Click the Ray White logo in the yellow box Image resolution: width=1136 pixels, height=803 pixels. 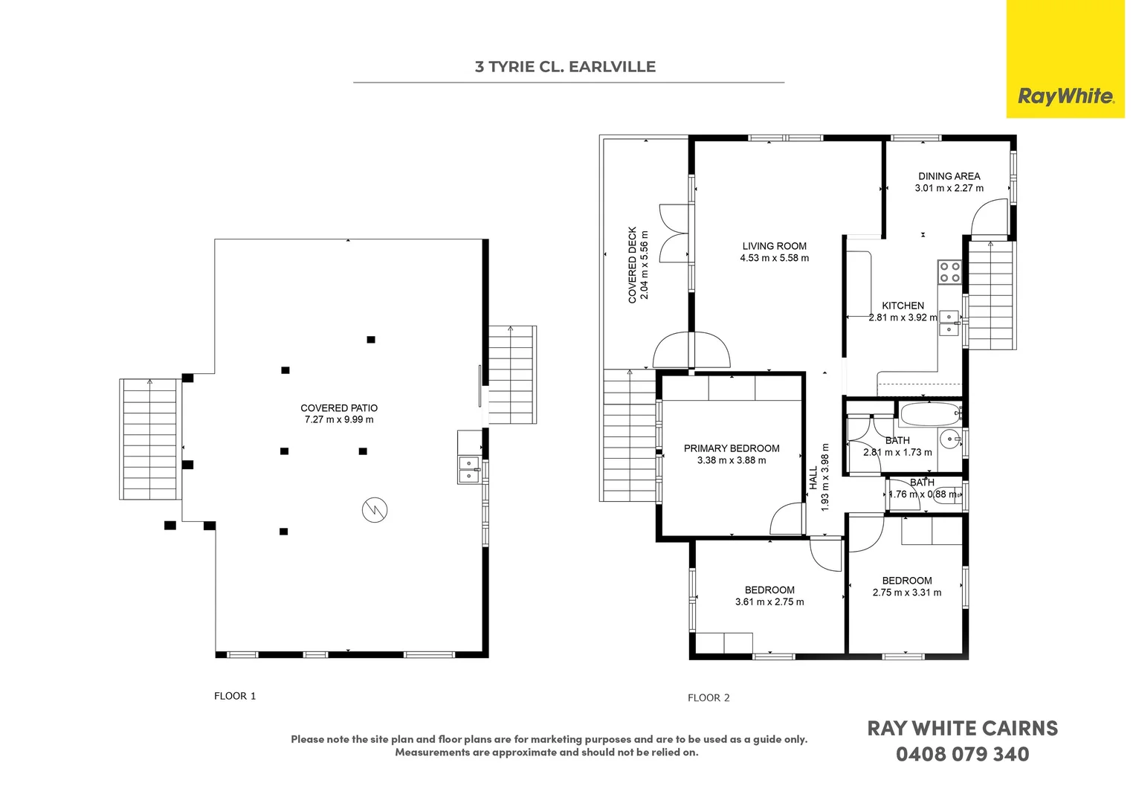coord(1065,96)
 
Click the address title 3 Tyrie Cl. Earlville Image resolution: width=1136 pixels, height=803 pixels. coord(565,67)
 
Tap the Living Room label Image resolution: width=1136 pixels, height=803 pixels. coord(774,246)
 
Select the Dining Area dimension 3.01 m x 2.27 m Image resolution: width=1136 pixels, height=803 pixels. coord(949,189)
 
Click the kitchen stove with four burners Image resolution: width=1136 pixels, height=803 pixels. coord(949,272)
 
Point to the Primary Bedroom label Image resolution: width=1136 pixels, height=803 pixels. coord(732,448)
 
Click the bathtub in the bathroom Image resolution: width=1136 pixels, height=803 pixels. coord(930,414)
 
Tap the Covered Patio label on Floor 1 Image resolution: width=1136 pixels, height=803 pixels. coord(339,408)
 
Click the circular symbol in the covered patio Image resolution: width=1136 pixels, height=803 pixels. coord(375,510)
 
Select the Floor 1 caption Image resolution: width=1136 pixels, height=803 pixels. coord(235,696)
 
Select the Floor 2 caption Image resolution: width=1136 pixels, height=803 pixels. coord(709,697)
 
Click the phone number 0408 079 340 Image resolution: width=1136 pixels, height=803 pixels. coord(962,755)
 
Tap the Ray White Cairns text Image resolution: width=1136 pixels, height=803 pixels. coord(962,729)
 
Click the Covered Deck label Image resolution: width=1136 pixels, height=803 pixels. coord(633,265)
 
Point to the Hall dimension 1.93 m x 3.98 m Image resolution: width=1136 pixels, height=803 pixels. coord(824,477)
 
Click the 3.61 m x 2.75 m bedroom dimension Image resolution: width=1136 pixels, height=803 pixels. coord(769,602)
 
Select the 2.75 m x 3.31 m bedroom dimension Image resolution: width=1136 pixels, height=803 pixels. coord(906,593)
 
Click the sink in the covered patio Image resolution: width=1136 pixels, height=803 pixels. coord(469,469)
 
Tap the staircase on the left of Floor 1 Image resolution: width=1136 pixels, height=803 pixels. coord(149,439)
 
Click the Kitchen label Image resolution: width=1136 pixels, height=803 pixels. coord(903,306)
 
